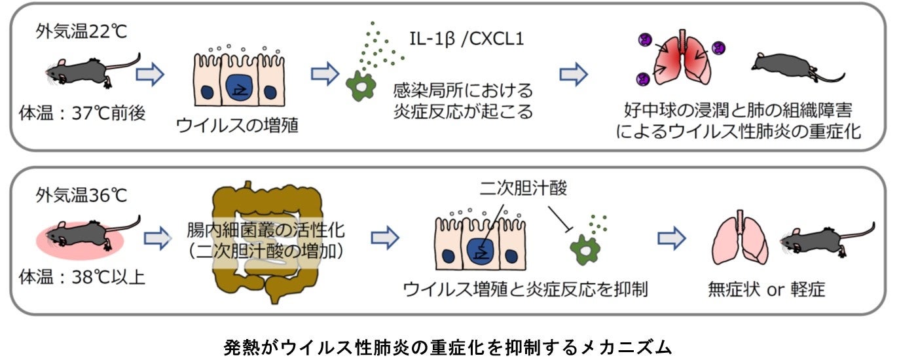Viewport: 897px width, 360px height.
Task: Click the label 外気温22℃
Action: click(x=81, y=31)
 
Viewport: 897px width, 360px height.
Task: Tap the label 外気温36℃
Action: click(x=81, y=195)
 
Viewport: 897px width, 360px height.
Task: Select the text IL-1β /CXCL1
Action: click(x=467, y=39)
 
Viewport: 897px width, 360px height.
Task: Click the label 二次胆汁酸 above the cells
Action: click(x=523, y=188)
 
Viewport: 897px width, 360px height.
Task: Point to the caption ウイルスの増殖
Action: click(x=237, y=125)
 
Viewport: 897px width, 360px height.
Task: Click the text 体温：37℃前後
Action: click(x=82, y=113)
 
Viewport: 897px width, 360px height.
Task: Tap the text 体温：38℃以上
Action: click(x=82, y=277)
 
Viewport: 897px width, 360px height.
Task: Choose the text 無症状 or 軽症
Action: click(x=766, y=289)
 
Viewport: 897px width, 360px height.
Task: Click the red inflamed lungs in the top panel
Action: click(x=683, y=58)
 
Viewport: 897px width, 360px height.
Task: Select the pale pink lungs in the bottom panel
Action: click(x=740, y=238)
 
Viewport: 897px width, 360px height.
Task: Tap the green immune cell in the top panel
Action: click(x=361, y=86)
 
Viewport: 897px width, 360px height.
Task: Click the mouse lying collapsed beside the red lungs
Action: click(x=797, y=68)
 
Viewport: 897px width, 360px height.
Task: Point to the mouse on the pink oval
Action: click(x=93, y=236)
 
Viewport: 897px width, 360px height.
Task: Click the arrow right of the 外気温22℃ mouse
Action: click(x=150, y=75)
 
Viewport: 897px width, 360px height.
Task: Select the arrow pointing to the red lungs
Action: click(x=574, y=75)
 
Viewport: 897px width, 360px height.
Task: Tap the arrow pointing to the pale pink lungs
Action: click(x=672, y=238)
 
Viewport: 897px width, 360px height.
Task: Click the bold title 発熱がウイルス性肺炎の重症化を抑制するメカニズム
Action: click(x=448, y=347)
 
